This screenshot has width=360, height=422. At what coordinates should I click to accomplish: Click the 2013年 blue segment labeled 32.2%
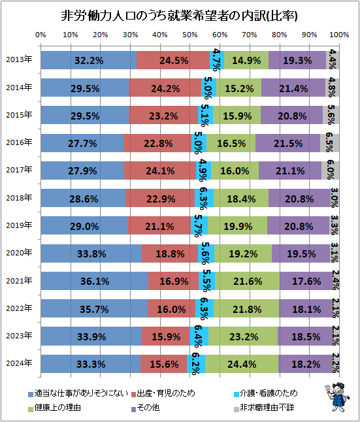[x=88, y=60]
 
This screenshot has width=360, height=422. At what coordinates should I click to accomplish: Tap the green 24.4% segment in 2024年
[x=242, y=364]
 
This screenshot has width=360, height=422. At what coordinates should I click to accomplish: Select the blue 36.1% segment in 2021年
[x=94, y=281]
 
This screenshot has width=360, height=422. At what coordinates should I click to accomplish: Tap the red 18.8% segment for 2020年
[x=170, y=253]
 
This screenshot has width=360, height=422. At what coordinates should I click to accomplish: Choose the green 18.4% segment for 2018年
[x=241, y=198]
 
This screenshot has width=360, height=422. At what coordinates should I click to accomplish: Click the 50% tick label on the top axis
[x=189, y=35]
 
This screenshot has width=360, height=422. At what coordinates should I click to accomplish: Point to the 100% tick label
[x=338, y=35]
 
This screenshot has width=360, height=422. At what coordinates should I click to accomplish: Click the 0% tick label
[x=41, y=35]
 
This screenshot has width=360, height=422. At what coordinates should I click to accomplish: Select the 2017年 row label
[x=19, y=170]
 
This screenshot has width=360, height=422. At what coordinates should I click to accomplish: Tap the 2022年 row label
[x=19, y=309]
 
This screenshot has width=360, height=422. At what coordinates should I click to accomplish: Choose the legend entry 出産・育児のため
[x=163, y=393]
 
